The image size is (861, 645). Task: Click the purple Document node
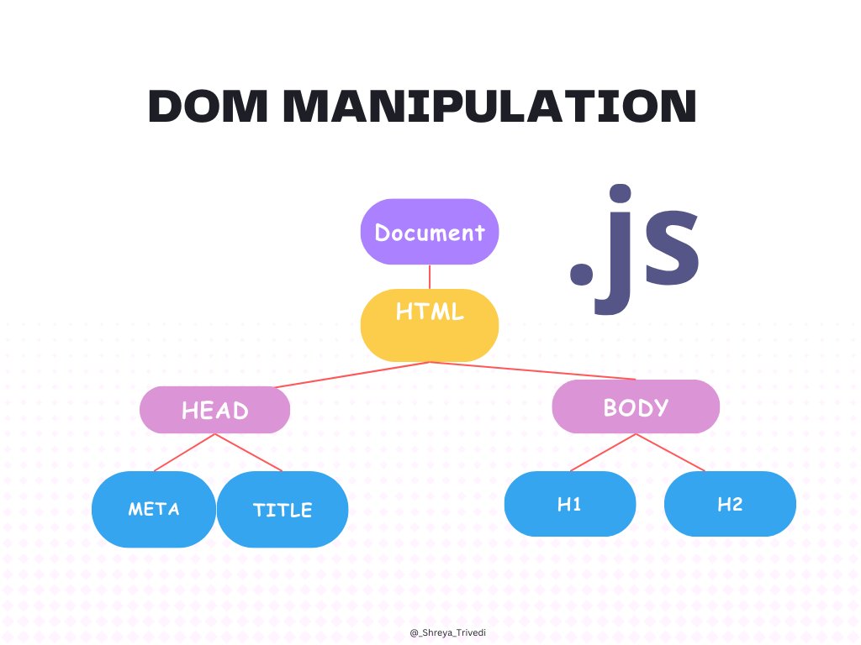pos(430,232)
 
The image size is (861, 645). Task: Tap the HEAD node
pos(215,410)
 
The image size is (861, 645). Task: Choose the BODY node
pos(636,407)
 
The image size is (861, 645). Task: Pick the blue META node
pos(154,509)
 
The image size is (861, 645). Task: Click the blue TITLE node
pos(283,510)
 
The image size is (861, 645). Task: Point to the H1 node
pos(569,504)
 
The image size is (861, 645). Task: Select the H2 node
pos(730,504)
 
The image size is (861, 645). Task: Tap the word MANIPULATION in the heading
pos(489,107)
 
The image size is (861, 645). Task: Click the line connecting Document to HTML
pos(430,277)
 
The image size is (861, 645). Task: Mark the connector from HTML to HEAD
pos(353,375)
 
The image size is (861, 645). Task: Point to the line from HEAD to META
pos(185,453)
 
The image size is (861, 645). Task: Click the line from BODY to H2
pos(670,453)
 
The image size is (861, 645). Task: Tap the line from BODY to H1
pos(603,453)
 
